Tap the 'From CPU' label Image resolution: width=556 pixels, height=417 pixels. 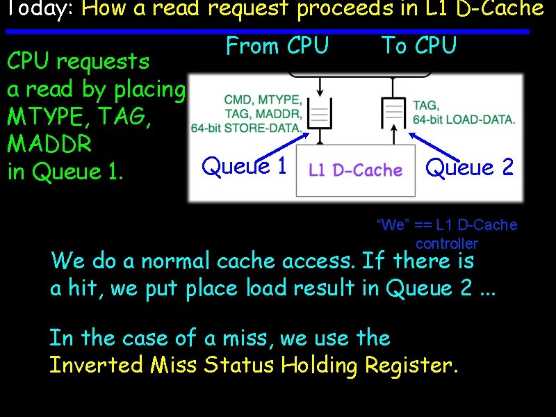(x=277, y=47)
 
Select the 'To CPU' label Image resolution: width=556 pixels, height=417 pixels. (x=419, y=47)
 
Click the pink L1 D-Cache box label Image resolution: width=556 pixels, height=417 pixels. (x=355, y=170)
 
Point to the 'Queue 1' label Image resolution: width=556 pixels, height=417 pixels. (x=244, y=166)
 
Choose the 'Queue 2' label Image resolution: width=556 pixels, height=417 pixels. (x=469, y=167)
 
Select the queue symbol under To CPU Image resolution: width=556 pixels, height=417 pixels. (x=394, y=112)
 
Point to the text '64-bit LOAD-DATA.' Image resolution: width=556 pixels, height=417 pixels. (x=464, y=119)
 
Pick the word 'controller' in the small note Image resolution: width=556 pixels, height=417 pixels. (x=447, y=243)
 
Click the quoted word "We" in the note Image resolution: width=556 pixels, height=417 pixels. (x=392, y=224)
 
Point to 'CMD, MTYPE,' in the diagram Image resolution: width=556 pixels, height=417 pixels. (x=263, y=101)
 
